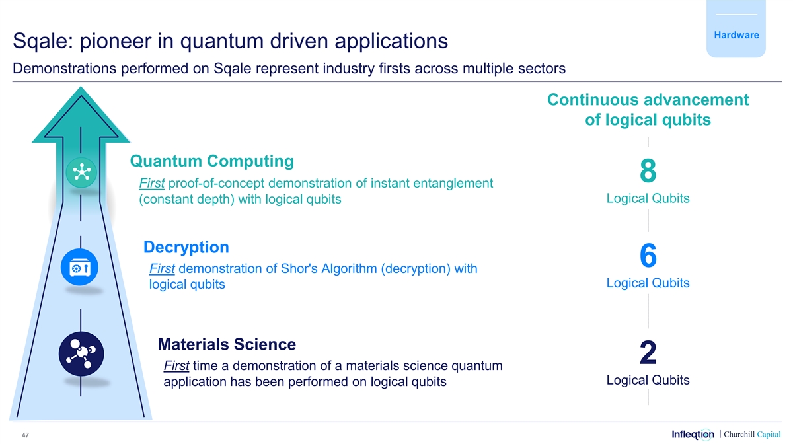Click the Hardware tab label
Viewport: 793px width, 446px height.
coord(736,35)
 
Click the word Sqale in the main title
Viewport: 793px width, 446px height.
coord(43,41)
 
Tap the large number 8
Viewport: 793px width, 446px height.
coord(648,170)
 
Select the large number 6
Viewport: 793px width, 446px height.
coord(648,255)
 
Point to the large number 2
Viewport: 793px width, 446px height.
coord(648,352)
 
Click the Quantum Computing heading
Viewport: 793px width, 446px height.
coord(211,161)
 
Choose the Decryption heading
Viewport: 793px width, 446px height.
coord(186,247)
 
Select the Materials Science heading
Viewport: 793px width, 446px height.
coord(227,344)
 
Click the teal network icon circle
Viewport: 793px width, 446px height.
coord(81,172)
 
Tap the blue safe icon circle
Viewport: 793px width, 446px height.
coord(80,267)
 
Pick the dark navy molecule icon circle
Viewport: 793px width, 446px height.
coord(81,353)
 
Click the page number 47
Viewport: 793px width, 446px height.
coord(25,435)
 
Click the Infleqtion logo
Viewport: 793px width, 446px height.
coord(693,434)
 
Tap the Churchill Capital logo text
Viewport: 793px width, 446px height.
coord(752,435)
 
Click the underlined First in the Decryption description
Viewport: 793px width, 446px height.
coord(162,269)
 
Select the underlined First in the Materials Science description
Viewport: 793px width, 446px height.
coord(176,365)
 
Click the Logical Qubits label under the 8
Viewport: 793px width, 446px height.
coord(648,198)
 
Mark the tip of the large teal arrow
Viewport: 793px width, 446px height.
coord(81,87)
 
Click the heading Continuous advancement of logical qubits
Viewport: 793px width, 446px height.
coord(648,110)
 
